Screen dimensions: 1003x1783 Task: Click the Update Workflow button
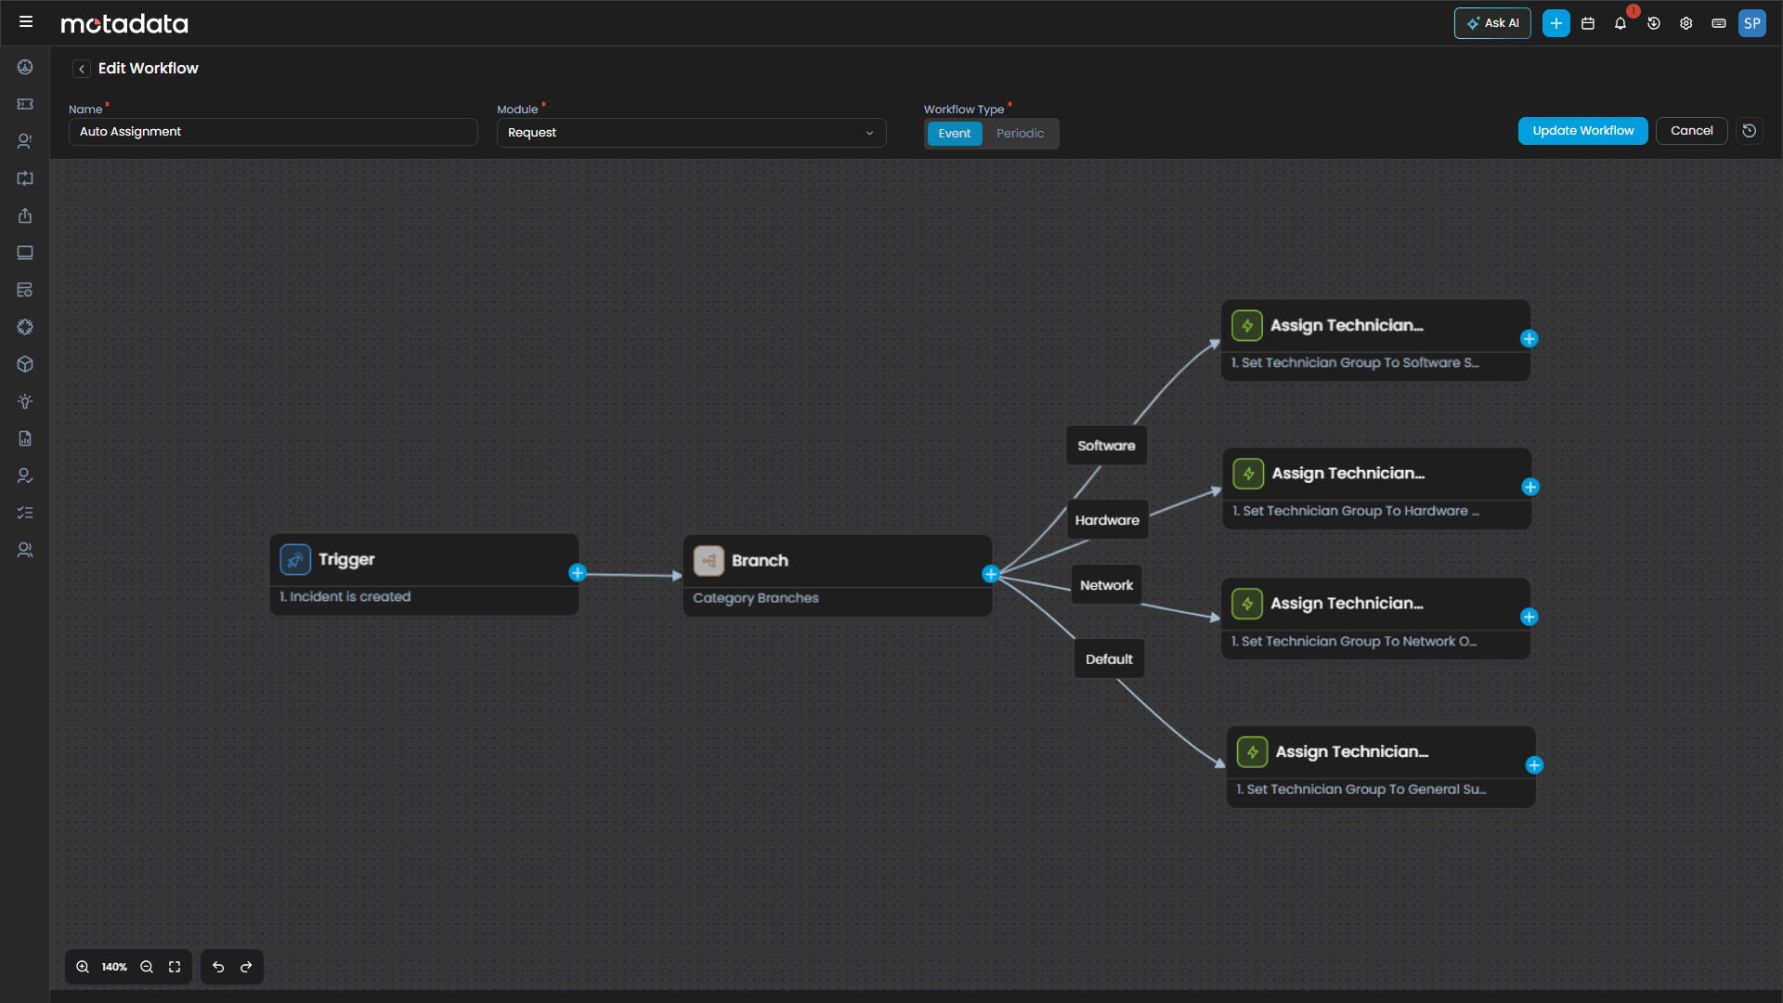tap(1582, 131)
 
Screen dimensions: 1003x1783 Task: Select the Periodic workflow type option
tap(1020, 134)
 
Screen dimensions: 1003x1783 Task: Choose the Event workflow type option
tap(954, 134)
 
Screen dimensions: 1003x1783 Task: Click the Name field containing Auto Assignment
tap(273, 132)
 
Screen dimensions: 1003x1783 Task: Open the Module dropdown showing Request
tap(691, 133)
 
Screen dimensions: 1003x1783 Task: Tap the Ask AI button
tap(1492, 23)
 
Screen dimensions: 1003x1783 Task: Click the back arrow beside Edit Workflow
tap(82, 69)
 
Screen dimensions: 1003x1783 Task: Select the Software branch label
tap(1106, 446)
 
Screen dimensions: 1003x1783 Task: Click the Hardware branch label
tap(1107, 520)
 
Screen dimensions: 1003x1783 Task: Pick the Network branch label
tap(1106, 585)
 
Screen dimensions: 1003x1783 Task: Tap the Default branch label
tap(1109, 659)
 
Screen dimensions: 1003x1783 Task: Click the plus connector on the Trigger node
tap(578, 573)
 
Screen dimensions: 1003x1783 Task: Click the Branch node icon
tap(709, 561)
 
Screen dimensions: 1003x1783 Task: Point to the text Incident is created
tap(349, 597)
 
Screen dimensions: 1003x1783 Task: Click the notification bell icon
tap(1620, 24)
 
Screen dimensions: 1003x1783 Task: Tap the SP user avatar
tap(1751, 23)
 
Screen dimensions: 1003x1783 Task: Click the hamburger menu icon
tap(26, 21)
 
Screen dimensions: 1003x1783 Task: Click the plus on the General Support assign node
tap(1534, 765)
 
